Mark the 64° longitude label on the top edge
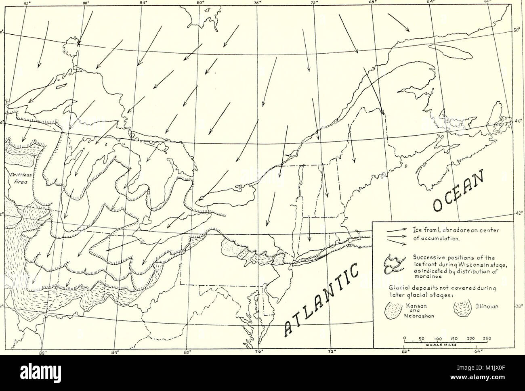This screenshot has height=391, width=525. point(430,2)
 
